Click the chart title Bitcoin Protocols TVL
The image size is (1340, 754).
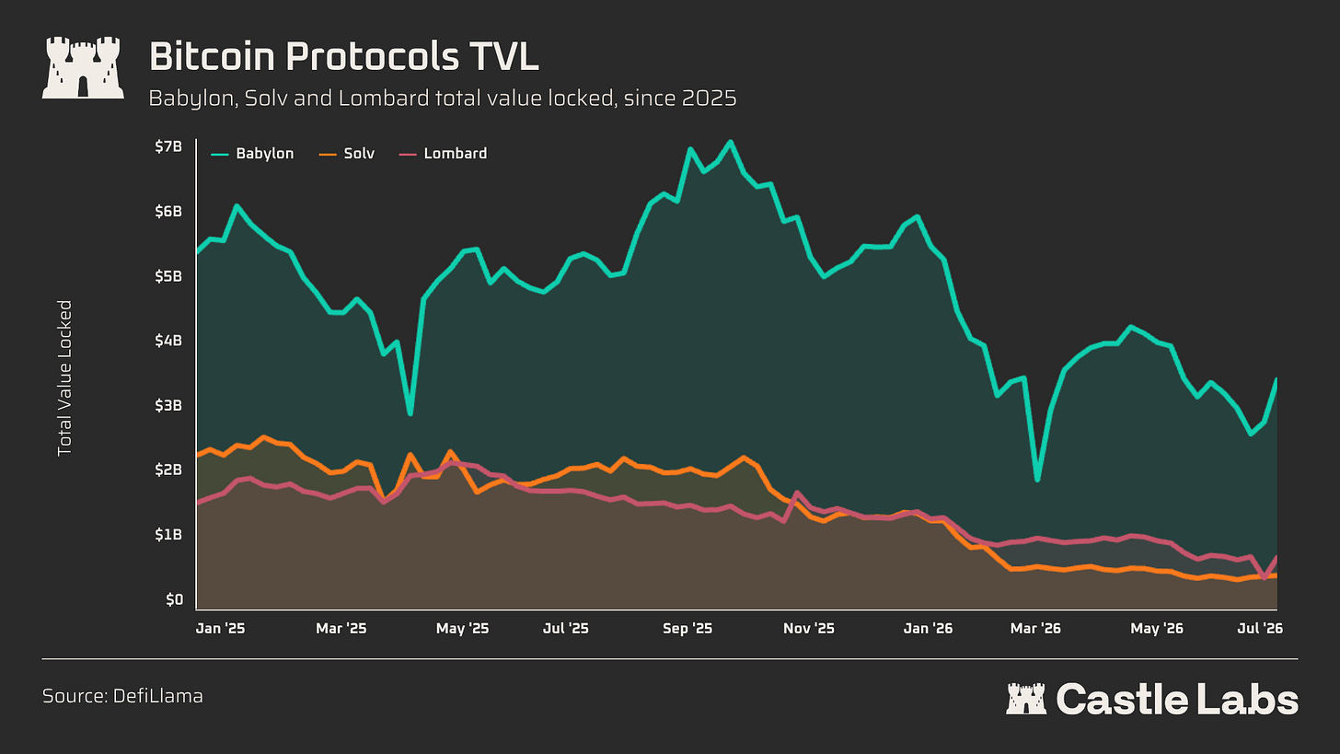coord(344,57)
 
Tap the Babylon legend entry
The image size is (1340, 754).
coord(252,154)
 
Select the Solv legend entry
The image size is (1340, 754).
coord(346,154)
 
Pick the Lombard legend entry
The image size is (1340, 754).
coord(443,154)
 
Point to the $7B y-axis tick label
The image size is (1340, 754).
coord(168,146)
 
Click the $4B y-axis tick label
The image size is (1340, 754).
coord(168,341)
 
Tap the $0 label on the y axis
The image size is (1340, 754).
coord(175,599)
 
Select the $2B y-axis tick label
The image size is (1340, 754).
coord(168,470)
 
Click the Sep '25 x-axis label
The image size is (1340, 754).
coord(687,628)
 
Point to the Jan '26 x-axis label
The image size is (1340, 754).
coord(928,628)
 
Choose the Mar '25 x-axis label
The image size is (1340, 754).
coord(341,628)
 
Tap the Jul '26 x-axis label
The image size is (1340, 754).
coord(1260,628)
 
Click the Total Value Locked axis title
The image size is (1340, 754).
coord(64,378)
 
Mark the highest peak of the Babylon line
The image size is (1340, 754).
coord(730,142)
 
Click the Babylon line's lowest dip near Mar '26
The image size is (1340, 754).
coord(1037,480)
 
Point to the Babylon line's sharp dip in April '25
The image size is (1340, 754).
coord(410,413)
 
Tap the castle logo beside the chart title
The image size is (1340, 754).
coord(83,67)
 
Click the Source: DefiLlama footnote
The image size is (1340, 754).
coord(122,696)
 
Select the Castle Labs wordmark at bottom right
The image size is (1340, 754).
coord(1152,699)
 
